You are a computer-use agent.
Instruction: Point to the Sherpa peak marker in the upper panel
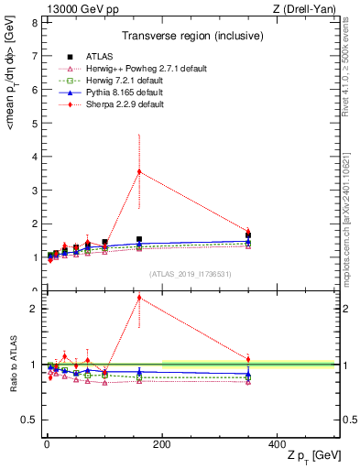(139, 171)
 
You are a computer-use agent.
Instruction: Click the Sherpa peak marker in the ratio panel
(139, 298)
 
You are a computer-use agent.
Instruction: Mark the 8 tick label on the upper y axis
(33, 22)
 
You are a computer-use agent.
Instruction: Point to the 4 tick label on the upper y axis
(33, 157)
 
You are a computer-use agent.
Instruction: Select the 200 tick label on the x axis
(162, 443)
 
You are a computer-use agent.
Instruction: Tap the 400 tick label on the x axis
(278, 443)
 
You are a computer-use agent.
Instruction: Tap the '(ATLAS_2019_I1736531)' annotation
(189, 274)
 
